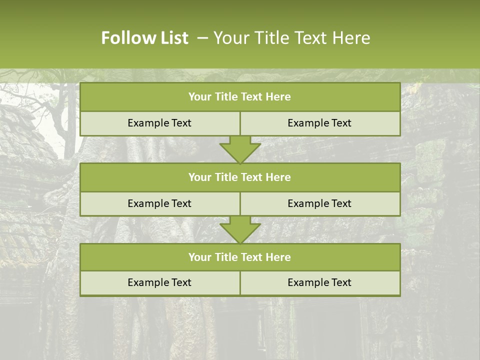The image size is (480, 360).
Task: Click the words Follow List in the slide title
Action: pos(144,38)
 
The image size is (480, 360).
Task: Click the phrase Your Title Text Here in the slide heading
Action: pos(291,38)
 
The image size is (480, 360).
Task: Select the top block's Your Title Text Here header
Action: pos(239,97)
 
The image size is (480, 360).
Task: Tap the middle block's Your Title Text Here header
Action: pos(239,177)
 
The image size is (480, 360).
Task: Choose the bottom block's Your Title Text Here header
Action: pos(239,257)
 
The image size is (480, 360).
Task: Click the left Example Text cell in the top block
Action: pos(159,123)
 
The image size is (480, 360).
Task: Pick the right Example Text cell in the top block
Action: pos(319,123)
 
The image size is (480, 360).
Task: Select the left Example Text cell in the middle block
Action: pos(159,203)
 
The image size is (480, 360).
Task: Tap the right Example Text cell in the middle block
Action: pos(319,203)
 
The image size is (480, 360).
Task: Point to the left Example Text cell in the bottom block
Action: pos(159,282)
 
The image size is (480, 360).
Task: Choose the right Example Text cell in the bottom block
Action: pos(319,282)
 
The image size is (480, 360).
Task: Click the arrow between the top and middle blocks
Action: pos(240,149)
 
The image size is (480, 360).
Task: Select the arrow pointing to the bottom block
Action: pos(240,230)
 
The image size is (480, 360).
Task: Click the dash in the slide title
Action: pos(202,38)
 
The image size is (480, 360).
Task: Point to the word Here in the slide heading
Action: pos(352,38)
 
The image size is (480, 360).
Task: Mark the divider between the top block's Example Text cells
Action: pos(240,123)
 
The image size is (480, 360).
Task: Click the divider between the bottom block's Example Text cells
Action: pos(240,282)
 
